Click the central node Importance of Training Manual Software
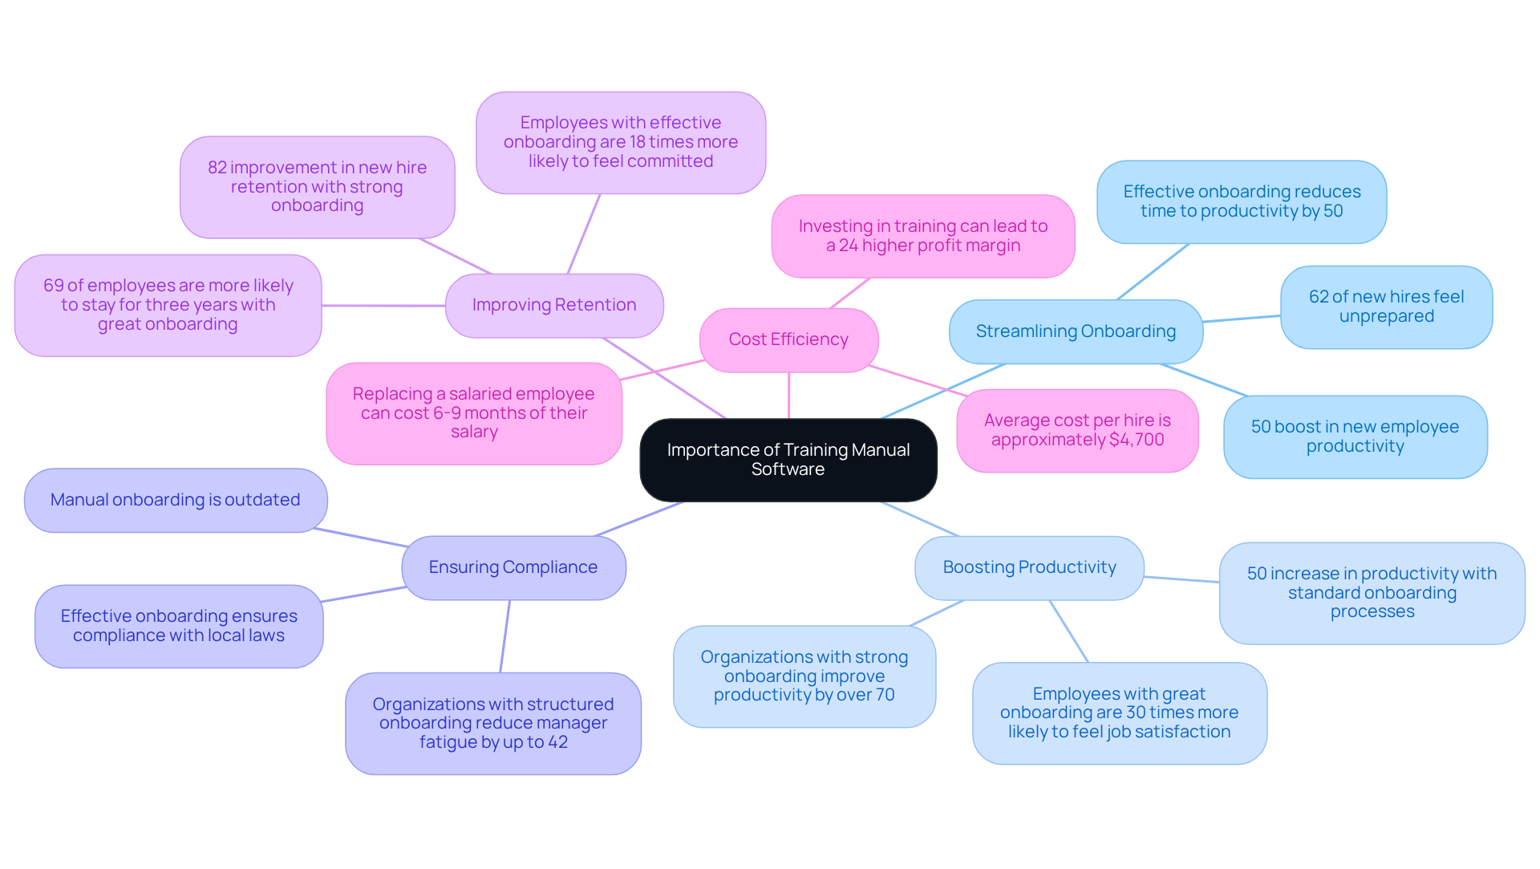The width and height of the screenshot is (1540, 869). (x=788, y=460)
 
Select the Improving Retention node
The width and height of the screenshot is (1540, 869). (x=553, y=305)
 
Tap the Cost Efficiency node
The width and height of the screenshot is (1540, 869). (x=788, y=339)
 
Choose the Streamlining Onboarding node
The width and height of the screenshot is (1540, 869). (x=1075, y=331)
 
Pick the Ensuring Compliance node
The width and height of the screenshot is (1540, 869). (x=513, y=567)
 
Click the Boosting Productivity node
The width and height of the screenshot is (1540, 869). (x=1029, y=567)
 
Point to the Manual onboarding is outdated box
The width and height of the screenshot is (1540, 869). (x=175, y=500)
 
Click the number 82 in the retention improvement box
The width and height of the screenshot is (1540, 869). (x=217, y=168)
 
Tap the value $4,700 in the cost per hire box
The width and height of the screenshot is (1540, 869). (x=1137, y=440)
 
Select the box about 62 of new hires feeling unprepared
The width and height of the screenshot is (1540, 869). (x=1386, y=307)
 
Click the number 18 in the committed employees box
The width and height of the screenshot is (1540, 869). (x=638, y=142)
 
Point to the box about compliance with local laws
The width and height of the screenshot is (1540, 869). (x=179, y=626)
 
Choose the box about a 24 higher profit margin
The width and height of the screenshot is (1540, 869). (x=922, y=236)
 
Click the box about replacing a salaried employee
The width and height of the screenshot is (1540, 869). (x=473, y=412)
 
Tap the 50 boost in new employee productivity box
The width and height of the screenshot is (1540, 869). (x=1355, y=437)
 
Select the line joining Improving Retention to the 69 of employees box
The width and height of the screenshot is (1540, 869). (x=383, y=306)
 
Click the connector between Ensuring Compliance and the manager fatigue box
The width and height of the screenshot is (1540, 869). (x=505, y=636)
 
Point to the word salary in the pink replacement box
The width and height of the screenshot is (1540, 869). (x=474, y=432)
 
